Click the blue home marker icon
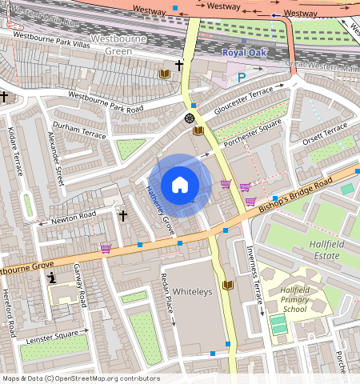click(180, 186)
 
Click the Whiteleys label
click(193, 292)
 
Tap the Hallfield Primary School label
click(294, 299)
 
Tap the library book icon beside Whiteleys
click(228, 285)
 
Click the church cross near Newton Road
click(123, 215)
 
